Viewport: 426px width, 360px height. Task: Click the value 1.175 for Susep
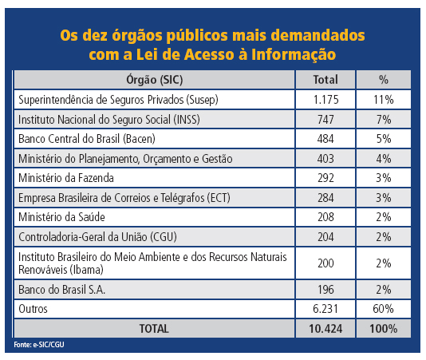click(x=325, y=101)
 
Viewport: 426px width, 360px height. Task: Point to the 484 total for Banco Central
click(x=325, y=137)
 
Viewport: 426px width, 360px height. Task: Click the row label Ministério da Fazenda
click(x=65, y=176)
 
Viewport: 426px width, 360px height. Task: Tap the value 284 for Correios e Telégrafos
click(x=325, y=196)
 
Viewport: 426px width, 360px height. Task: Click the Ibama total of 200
click(x=325, y=262)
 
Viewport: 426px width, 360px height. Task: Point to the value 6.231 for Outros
click(x=325, y=308)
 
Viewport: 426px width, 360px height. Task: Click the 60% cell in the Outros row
click(x=383, y=308)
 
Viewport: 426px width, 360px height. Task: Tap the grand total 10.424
click(x=325, y=328)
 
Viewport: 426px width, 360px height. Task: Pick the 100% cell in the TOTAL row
click(x=383, y=328)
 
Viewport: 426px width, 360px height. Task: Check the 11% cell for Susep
click(x=383, y=101)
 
